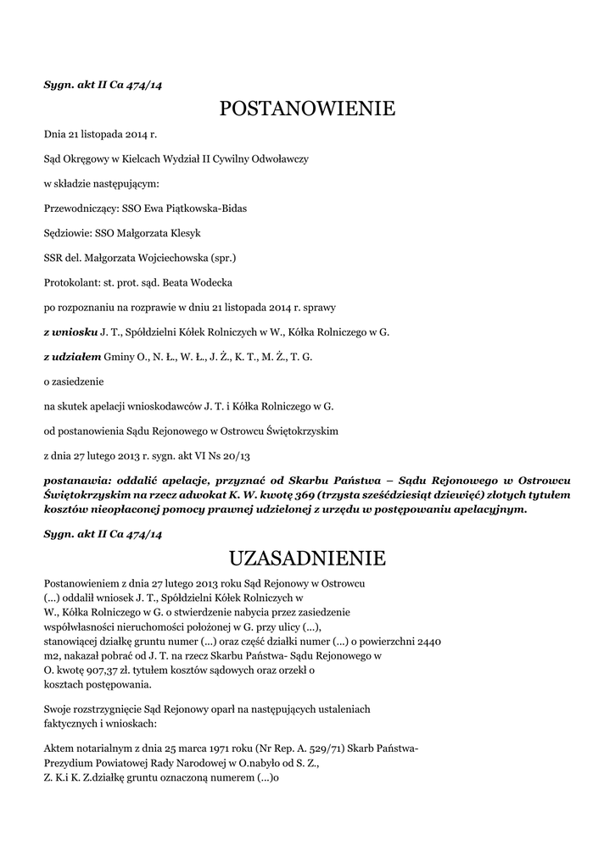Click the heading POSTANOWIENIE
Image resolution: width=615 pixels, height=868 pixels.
click(x=307, y=108)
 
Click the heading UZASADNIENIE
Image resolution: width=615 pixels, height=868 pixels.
click(x=307, y=558)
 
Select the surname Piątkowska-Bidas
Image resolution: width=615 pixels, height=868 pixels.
click(x=208, y=208)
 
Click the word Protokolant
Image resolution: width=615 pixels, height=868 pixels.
click(x=70, y=282)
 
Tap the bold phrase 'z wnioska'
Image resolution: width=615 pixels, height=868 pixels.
click(x=70, y=332)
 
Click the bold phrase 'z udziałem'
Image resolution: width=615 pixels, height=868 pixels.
click(x=73, y=357)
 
